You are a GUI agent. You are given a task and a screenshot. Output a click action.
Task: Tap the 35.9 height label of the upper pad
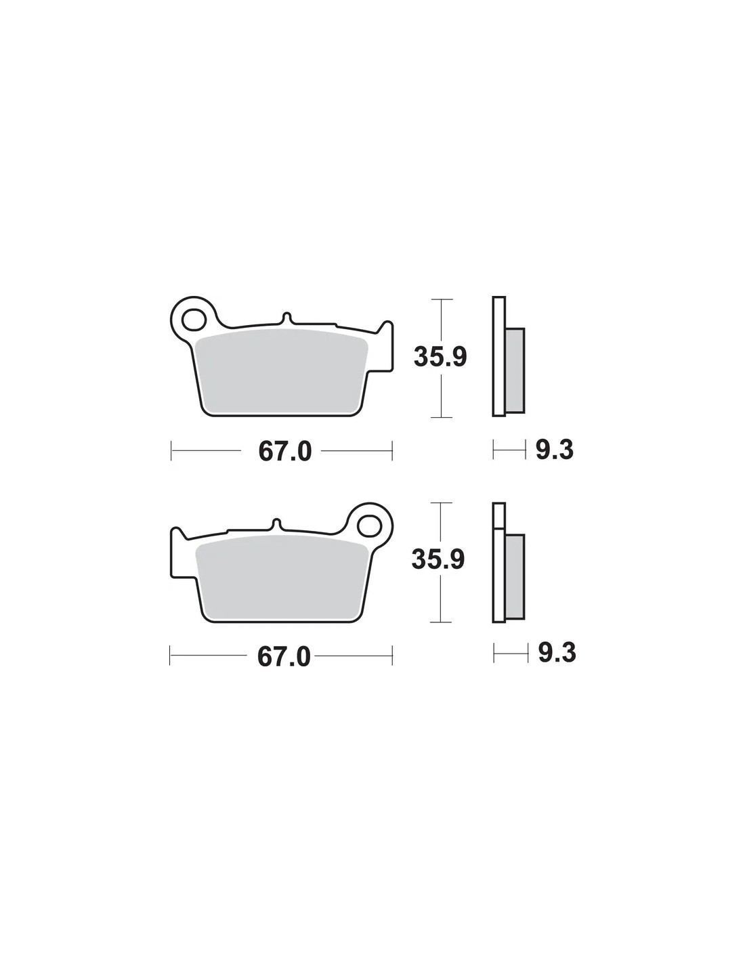pos(440,357)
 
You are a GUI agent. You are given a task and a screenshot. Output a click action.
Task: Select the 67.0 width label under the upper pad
pos(285,452)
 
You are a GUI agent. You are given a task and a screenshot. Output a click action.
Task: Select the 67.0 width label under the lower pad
pos(284,657)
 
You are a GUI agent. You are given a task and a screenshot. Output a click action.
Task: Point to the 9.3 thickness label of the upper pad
pos(555,450)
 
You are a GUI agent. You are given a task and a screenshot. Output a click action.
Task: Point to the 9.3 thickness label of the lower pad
pos(557,653)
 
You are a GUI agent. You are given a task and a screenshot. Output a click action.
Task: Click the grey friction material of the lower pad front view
pos(282,576)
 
